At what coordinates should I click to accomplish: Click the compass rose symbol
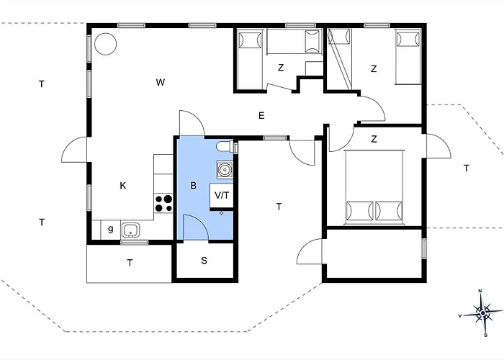483,312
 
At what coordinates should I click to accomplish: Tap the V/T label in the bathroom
222,195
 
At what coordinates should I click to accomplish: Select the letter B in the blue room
193,186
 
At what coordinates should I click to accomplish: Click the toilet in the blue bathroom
225,147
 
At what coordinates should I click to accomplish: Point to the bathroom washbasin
225,168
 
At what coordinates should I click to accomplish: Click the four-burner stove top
163,204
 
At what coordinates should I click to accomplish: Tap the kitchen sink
130,230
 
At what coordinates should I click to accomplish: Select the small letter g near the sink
111,229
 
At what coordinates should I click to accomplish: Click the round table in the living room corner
105,44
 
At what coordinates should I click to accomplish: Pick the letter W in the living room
161,82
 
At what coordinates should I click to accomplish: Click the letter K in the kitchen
123,186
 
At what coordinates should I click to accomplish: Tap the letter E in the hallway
261,115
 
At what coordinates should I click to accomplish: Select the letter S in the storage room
204,261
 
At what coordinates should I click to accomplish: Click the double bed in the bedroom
374,187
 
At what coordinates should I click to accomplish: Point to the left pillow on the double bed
359,211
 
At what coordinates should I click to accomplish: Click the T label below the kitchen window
130,263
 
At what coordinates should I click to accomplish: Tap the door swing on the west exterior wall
74,150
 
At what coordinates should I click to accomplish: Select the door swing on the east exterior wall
438,146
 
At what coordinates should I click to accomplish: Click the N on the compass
480,291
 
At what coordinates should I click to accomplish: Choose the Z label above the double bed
374,139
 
